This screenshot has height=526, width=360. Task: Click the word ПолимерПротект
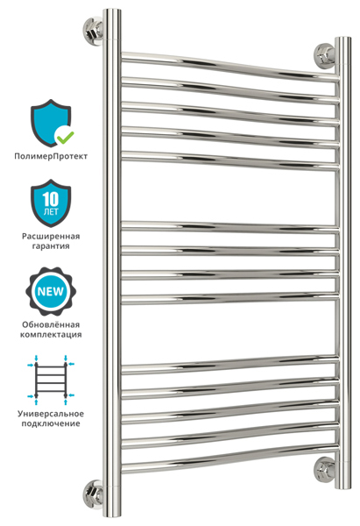click(51, 156)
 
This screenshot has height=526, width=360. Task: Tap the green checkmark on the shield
click(65, 136)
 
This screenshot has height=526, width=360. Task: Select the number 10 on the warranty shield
click(51, 199)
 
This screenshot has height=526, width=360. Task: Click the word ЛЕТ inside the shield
click(51, 212)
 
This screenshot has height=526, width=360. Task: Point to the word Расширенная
click(51, 236)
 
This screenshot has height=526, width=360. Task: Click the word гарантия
click(51, 245)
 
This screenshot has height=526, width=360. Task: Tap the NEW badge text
click(51, 291)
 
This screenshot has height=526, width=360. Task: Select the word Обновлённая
click(51, 324)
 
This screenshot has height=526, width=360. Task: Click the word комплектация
click(51, 335)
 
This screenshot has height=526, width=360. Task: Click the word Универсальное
click(51, 414)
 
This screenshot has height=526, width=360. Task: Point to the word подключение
click(51, 423)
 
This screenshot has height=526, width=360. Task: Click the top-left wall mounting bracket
click(93, 30)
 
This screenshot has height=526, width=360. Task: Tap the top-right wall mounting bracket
click(324, 56)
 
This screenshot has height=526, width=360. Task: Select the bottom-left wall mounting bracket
click(93, 493)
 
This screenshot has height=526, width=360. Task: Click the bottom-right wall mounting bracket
click(324, 469)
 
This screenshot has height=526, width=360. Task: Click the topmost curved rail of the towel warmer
click(230, 67)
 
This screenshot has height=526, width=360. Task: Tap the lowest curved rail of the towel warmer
click(230, 458)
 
